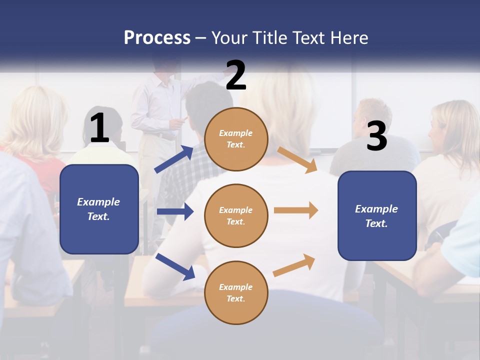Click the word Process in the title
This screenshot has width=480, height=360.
click(x=157, y=38)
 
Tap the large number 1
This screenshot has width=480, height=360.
click(x=99, y=128)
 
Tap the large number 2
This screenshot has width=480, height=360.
click(x=236, y=75)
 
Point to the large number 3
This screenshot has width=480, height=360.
click(x=376, y=136)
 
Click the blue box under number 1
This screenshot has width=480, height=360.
click(x=99, y=209)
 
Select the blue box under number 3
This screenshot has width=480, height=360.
click(x=377, y=216)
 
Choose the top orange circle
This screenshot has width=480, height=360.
click(x=236, y=139)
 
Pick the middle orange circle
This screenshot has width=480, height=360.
click(x=236, y=215)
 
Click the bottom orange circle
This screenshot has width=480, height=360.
click(x=236, y=292)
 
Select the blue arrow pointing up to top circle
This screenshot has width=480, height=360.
click(x=174, y=159)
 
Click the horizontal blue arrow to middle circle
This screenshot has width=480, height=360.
click(x=175, y=211)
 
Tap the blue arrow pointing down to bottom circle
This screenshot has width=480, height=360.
click(x=175, y=266)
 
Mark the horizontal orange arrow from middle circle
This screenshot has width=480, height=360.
click(x=296, y=210)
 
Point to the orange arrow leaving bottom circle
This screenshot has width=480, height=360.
click(x=294, y=265)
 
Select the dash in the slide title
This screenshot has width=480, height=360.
click(x=201, y=38)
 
